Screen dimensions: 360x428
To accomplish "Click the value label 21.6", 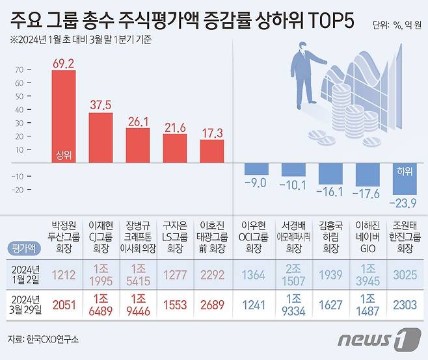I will (x=175, y=127).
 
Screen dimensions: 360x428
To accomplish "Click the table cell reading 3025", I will (x=404, y=275).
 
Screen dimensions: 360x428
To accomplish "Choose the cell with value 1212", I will (x=63, y=275).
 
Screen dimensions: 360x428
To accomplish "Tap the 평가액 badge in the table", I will (x=23, y=248).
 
